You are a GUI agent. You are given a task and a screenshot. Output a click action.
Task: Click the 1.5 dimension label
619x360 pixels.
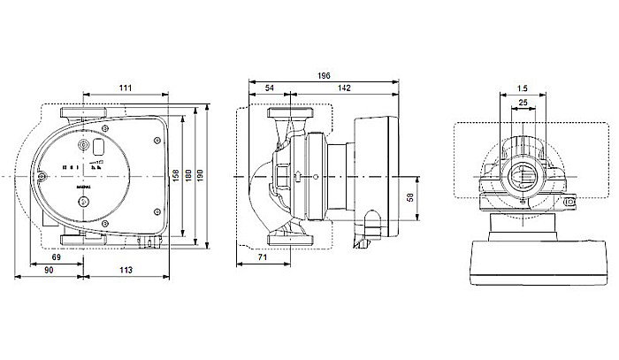point(523,89)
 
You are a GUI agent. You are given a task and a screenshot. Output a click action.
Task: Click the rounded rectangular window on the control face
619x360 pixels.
point(99,147)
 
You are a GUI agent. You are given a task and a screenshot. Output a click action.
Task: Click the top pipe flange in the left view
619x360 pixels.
point(84,115)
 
